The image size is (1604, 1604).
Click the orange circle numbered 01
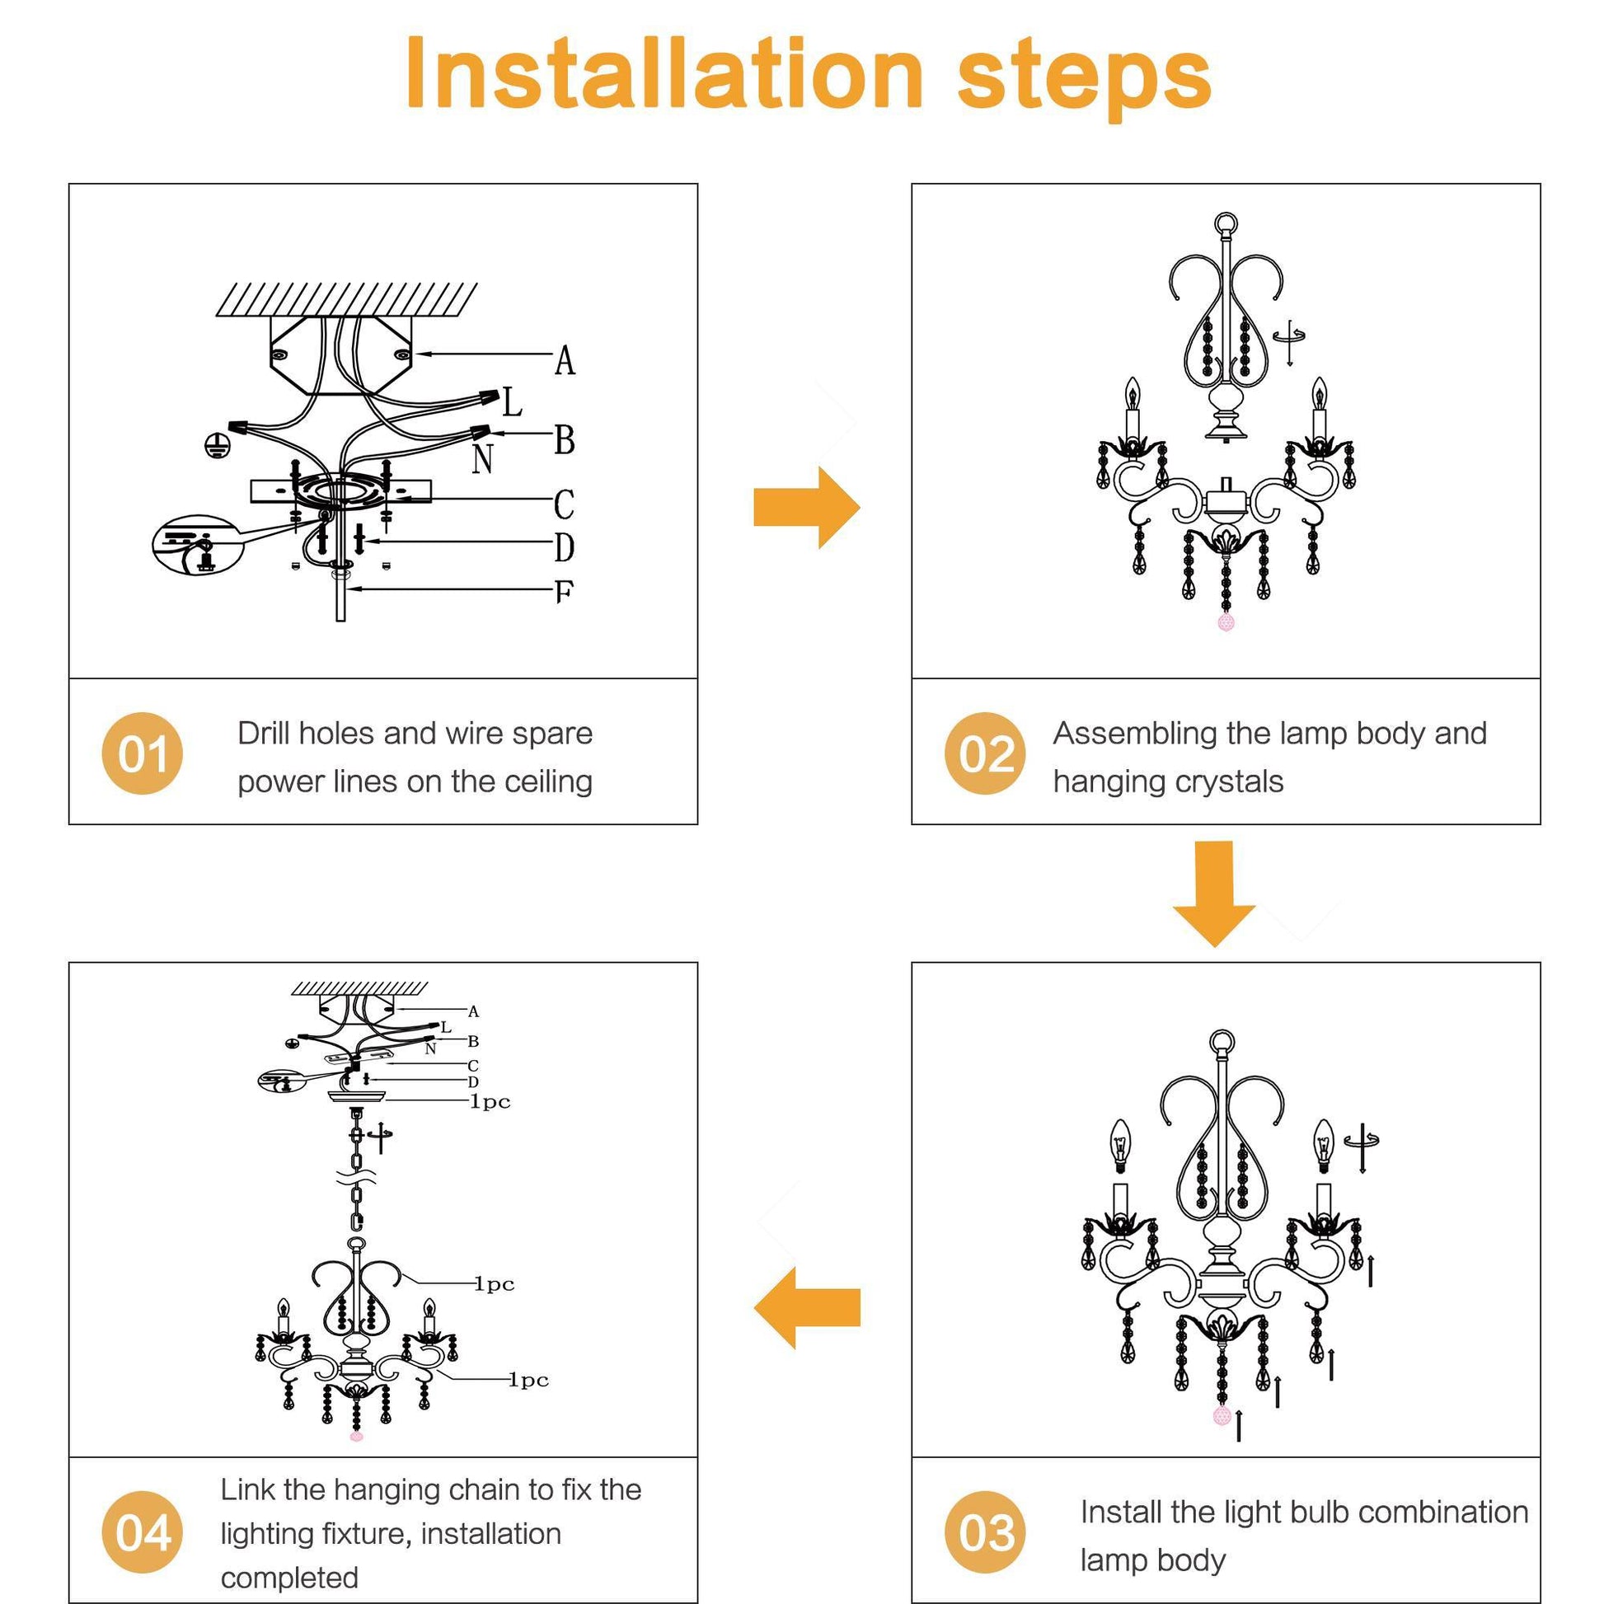[x=142, y=753]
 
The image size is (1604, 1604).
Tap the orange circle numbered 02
[x=986, y=753]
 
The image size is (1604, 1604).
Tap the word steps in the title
[x=1083, y=77]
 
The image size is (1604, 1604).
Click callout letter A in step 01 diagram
[x=565, y=360]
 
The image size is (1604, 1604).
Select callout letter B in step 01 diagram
[x=565, y=439]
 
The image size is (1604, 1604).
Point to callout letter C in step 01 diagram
[x=564, y=504]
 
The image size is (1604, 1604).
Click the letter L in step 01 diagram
[x=512, y=403]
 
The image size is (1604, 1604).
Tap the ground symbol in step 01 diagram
[x=217, y=446]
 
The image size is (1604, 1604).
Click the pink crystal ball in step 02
[x=1226, y=621]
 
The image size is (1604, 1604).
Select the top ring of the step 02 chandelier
[x=1226, y=223]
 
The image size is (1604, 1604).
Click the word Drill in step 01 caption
[x=263, y=733]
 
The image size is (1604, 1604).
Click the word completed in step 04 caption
[x=289, y=1577]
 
